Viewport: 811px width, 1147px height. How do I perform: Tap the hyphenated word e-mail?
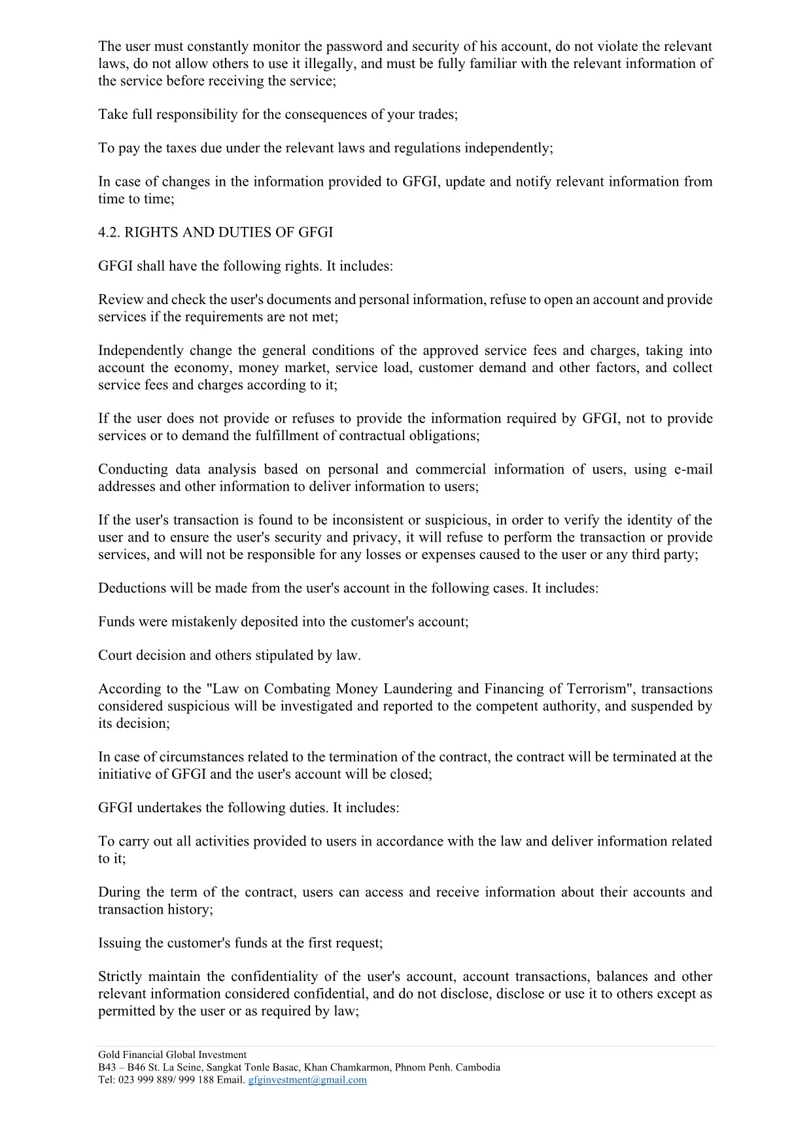pyautogui.click(x=693, y=470)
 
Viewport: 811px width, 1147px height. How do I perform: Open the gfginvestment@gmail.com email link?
pyautogui.click(x=307, y=1080)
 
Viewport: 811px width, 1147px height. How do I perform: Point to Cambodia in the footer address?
pyautogui.click(x=477, y=1067)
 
